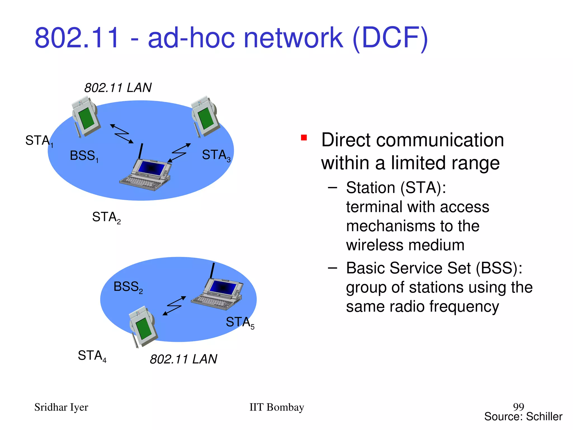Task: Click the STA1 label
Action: pos(39,141)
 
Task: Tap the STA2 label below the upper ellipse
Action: pos(106,217)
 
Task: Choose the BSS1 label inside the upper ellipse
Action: pos(84,156)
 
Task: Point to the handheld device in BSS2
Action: pos(143,326)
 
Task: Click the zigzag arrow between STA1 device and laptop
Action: pos(122,134)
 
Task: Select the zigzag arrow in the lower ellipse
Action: pos(174,306)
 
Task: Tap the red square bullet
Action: pos(304,138)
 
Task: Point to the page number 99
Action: pos(518,406)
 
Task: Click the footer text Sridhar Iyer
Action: pos(61,407)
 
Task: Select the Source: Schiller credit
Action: pos(523,417)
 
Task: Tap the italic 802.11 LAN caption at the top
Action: pos(118,88)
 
